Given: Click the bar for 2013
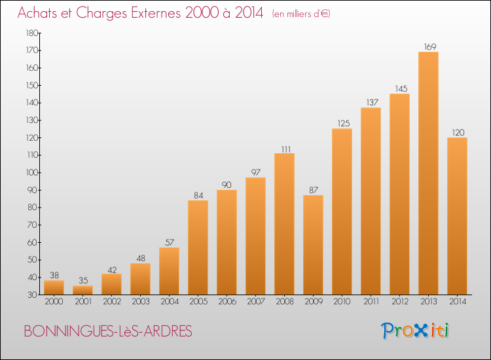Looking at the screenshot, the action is tap(428, 173).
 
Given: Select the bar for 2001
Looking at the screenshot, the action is tap(82, 290).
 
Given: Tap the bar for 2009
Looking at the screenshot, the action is tap(313, 245).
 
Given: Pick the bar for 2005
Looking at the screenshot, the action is tap(198, 247).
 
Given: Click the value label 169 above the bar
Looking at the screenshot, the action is tap(430, 46).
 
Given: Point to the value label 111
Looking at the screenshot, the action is tap(286, 149).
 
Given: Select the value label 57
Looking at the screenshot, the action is tap(170, 242).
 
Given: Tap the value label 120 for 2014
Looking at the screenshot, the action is tap(458, 132).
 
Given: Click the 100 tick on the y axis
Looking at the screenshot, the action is tap(32, 173).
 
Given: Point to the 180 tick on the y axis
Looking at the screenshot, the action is tap(32, 33).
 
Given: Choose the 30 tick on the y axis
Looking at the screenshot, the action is tap(33, 295).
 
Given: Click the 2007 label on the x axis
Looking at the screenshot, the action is tap(256, 302).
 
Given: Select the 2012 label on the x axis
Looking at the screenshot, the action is tap(400, 302).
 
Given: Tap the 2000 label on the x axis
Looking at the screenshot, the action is tap(54, 302).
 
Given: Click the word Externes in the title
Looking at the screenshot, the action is tap(156, 13).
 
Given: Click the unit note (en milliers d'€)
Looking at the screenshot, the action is tap(301, 14).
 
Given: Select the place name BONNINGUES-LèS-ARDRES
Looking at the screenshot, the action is tap(108, 331).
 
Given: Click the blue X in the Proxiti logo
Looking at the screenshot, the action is tap(420, 331).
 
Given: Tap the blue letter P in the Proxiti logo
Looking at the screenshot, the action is tap(387, 331).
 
